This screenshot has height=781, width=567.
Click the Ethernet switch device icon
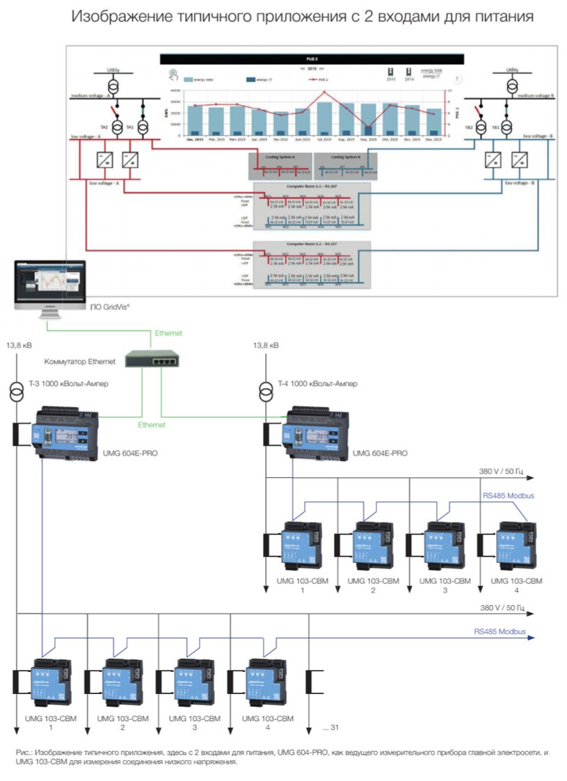[151, 358]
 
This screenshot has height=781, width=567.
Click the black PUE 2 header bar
[312, 59]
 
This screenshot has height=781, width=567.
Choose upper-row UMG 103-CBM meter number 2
[372, 545]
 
